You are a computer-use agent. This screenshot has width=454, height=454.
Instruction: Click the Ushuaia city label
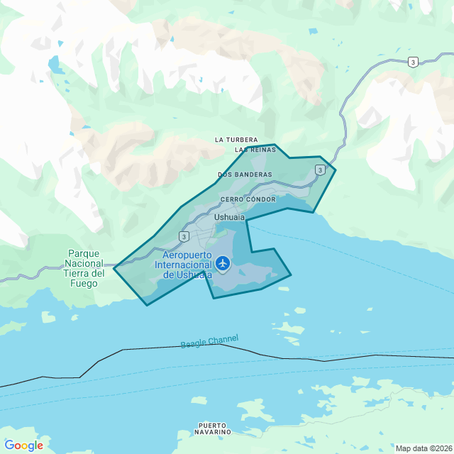tap(229, 217)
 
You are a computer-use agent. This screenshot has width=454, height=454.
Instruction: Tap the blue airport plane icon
tap(223, 264)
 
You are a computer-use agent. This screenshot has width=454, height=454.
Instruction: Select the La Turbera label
tap(236, 140)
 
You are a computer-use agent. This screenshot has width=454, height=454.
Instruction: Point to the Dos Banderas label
tap(245, 174)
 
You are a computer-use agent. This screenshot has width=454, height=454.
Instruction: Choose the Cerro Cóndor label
tap(248, 199)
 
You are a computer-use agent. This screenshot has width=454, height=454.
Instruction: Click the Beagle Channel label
tap(209, 341)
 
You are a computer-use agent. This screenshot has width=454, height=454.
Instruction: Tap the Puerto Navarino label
tap(214, 428)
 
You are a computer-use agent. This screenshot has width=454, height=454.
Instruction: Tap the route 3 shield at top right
tap(413, 62)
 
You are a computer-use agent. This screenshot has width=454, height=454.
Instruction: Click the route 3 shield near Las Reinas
tap(321, 170)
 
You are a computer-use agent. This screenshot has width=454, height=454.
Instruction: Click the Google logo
tap(23, 445)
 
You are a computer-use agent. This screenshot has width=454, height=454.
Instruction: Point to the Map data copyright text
tap(423, 448)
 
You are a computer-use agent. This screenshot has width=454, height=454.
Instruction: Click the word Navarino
tap(214, 432)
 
